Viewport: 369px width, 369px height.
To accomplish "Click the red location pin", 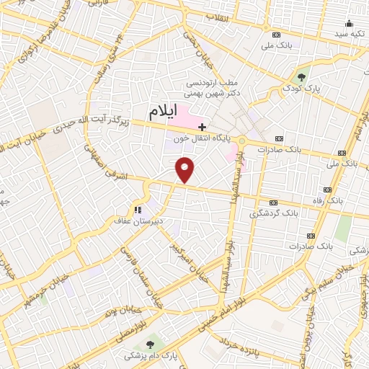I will point(186,169).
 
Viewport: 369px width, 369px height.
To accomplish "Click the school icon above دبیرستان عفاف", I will point(136,211).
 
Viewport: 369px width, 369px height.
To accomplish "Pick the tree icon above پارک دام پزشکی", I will point(150,344).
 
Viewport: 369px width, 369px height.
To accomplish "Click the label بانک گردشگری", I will point(274,214).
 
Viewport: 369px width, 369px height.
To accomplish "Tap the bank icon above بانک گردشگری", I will point(272,203).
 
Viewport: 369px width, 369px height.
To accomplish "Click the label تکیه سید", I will point(350,35).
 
